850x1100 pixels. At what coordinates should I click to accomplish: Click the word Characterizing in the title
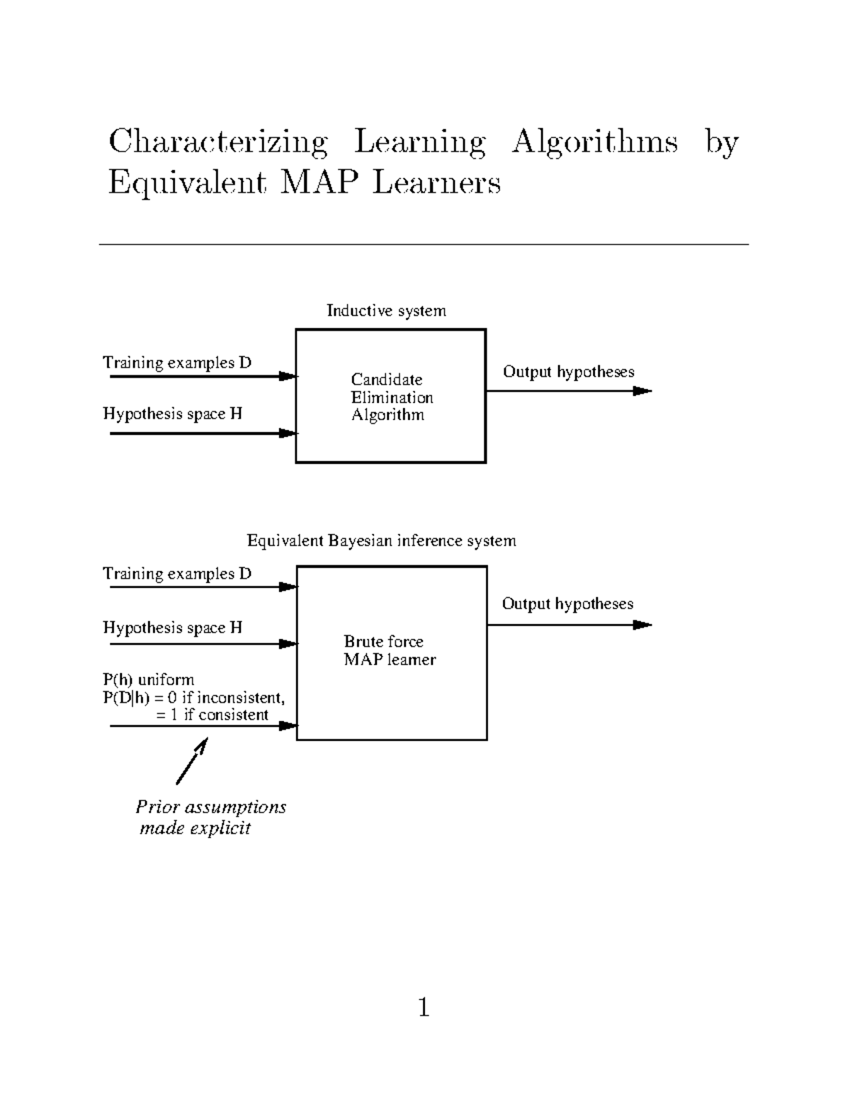coord(218,142)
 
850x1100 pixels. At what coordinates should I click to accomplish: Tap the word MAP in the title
coord(318,183)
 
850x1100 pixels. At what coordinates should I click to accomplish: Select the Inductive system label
coord(386,310)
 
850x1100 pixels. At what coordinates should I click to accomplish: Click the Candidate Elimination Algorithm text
coord(391,397)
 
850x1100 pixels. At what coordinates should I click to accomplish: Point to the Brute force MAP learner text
coord(389,650)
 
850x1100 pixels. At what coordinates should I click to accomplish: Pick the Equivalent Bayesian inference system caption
coord(381,541)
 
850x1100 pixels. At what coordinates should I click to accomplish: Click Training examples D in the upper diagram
coord(177,363)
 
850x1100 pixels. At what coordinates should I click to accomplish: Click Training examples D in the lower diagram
coord(177,574)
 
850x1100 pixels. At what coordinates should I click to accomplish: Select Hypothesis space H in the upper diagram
coord(172,414)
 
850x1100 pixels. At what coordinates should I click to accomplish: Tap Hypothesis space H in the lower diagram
coord(172,628)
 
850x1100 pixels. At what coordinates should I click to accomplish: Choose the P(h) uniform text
coord(148,680)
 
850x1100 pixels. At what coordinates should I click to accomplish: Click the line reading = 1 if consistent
coord(212,715)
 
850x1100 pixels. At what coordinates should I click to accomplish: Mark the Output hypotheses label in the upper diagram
coord(568,372)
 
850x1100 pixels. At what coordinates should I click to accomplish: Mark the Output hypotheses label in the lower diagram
coord(567,603)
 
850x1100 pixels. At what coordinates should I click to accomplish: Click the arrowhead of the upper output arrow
coord(642,391)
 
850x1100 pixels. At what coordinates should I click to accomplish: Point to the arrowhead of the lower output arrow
coord(642,625)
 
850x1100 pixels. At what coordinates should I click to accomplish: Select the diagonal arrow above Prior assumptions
coord(191,761)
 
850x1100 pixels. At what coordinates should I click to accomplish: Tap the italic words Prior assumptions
coord(211,807)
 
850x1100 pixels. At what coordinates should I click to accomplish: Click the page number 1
coord(424,1007)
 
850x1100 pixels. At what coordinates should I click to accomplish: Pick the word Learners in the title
coord(436,183)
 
